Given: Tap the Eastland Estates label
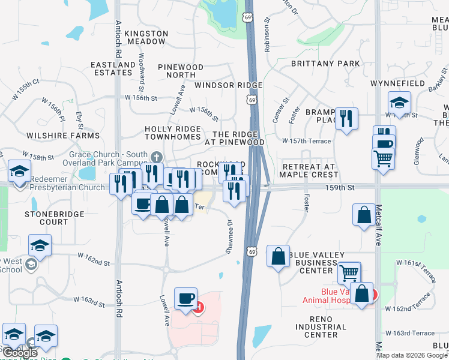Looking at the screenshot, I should tap(113, 68).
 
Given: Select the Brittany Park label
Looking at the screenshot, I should tap(325, 64).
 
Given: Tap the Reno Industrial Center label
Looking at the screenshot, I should tap(321, 327).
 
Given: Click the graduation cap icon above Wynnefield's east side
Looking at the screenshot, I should tap(399, 101).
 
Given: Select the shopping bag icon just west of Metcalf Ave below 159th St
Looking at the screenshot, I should tap(364, 215).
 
